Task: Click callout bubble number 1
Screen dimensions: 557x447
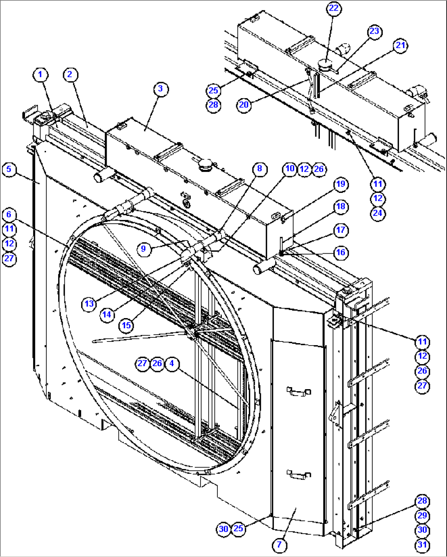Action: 40,75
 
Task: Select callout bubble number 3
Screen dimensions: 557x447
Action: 160,89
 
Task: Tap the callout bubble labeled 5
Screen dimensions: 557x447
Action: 9,169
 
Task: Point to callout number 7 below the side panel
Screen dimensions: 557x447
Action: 279,545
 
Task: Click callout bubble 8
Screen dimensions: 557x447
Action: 259,169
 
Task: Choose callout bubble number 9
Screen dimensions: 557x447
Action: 143,249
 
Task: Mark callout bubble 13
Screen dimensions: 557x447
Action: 89,304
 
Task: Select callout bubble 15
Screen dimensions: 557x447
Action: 126,325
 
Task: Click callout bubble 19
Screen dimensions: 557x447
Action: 341,184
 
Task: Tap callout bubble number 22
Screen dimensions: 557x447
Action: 334,9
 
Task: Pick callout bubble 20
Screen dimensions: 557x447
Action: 244,105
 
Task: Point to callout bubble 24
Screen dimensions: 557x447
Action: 378,213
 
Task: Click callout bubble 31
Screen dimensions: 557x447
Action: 422,545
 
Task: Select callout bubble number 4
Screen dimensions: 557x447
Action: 172,363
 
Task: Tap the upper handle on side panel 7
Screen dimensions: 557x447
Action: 299,392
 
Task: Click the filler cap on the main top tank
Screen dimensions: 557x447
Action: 205,166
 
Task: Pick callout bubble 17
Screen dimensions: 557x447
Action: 341,230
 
